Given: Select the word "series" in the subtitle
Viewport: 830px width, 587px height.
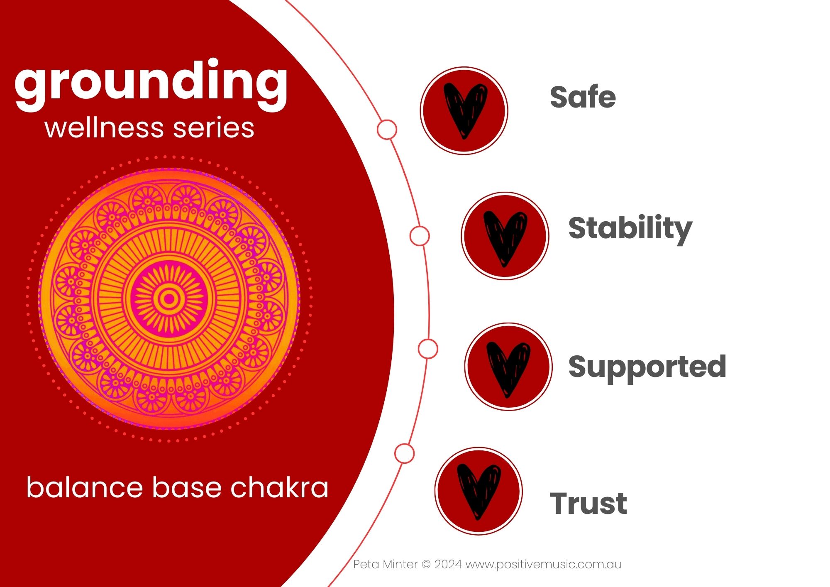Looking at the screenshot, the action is [213, 128].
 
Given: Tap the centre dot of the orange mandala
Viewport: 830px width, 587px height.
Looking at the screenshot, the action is [169, 298].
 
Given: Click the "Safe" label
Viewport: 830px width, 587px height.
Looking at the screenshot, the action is [583, 97].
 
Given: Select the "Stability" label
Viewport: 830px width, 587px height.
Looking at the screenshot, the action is [630, 229].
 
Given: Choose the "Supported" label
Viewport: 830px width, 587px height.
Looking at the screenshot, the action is [647, 368].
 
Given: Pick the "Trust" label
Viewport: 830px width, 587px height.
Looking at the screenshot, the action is [588, 503].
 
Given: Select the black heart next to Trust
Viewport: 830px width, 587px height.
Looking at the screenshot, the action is [479, 492].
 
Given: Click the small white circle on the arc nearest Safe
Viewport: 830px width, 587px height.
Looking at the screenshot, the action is [387, 130].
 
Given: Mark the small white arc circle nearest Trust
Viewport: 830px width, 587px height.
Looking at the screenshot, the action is [404, 453].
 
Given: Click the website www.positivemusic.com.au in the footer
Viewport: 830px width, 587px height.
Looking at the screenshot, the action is [543, 565].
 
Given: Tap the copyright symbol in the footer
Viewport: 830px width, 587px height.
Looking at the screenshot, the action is [426, 565].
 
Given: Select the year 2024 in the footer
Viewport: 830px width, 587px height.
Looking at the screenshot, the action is [448, 565].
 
